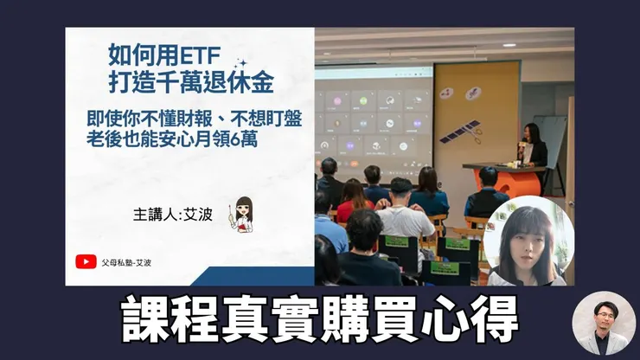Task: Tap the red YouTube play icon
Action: click(x=86, y=260)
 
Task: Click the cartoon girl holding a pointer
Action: click(x=243, y=215)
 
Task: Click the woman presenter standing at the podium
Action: click(x=534, y=147)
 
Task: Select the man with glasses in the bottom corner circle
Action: click(x=604, y=322)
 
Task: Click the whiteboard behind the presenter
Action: click(x=549, y=130)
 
